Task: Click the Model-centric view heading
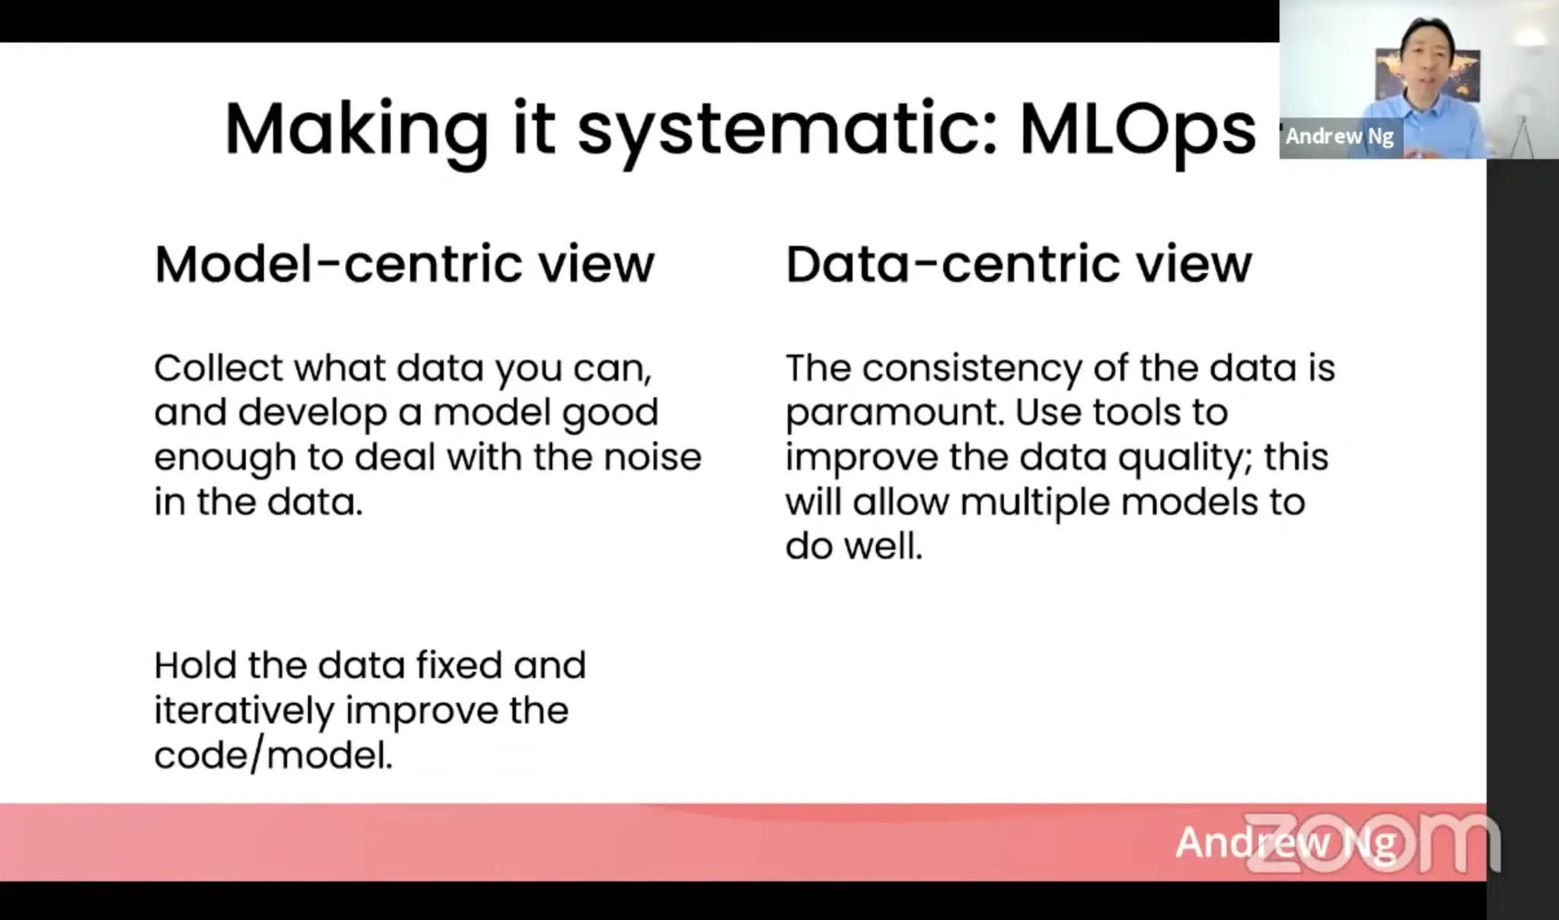(x=404, y=264)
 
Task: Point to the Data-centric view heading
(x=1019, y=264)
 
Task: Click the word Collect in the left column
(x=218, y=368)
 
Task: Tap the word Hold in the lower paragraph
(x=195, y=665)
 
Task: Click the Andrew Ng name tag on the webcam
(x=1340, y=136)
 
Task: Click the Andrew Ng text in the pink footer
(x=1286, y=843)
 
